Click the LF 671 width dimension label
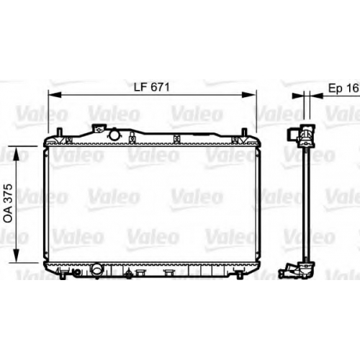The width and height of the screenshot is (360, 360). tap(152, 87)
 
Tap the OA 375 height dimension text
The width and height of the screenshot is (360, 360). tap(9, 204)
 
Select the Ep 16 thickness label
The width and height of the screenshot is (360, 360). tap(343, 89)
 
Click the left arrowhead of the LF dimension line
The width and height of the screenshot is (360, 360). tap(55, 95)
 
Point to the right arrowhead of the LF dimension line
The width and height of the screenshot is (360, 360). tap(250, 95)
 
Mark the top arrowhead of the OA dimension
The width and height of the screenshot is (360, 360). tap(16, 153)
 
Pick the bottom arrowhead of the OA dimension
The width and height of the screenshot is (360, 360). tap(16, 256)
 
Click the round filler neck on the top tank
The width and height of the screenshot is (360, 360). tap(114, 135)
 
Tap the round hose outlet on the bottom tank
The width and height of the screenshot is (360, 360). tap(97, 269)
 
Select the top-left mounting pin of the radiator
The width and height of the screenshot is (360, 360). tap(60, 132)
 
